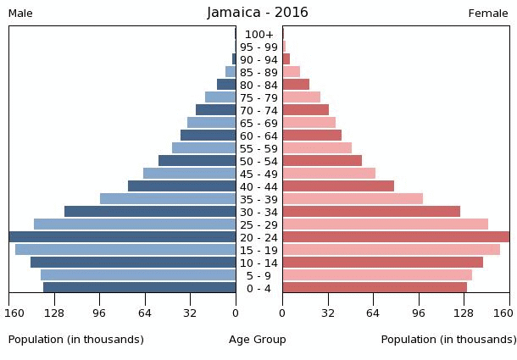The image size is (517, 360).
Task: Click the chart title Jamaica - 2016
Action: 258,13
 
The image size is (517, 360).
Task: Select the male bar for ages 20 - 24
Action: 123,237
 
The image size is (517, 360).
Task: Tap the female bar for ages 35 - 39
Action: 353,199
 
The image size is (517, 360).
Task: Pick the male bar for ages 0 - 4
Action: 140,288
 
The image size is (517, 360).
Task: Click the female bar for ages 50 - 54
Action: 322,161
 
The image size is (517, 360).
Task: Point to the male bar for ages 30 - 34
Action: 150,212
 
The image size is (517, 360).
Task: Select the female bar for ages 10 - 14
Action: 382,263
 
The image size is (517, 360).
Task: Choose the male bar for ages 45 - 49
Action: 190,174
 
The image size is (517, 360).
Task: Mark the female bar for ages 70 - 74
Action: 305,110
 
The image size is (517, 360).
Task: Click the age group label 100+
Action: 258,34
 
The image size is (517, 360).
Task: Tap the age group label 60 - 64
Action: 258,136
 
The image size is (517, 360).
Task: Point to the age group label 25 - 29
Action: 258,224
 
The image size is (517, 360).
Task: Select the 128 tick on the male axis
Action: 54,313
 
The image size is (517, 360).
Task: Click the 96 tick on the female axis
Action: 419,313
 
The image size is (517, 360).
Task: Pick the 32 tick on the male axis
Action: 190,313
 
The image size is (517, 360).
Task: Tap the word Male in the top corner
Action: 20,14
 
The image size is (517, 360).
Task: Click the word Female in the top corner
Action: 488,14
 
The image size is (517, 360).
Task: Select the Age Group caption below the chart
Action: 258,340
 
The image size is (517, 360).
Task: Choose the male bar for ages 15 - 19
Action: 125,250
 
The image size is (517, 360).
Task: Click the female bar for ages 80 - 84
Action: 296,85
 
